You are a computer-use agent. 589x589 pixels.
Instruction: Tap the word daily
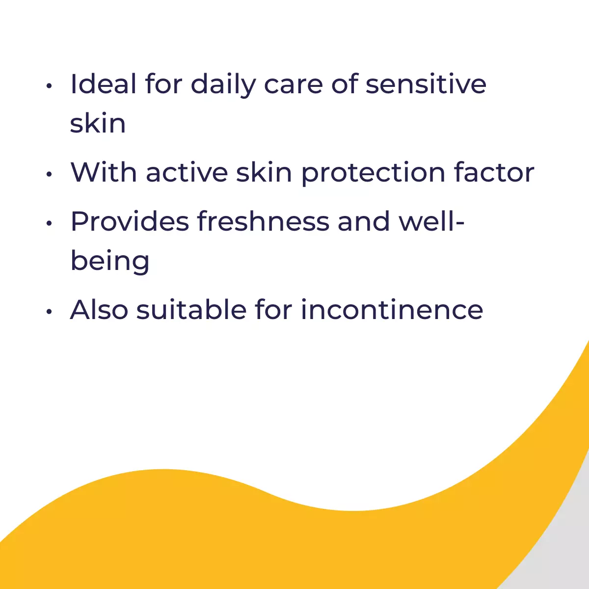point(223,85)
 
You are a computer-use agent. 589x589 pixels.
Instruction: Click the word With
point(104,172)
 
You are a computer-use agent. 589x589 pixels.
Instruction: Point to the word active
point(187,173)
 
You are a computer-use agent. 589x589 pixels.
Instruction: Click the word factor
point(494,172)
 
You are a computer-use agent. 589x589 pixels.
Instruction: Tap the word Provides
point(130,221)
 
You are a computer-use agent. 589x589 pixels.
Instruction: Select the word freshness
point(264,221)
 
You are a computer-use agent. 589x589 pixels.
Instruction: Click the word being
point(110,262)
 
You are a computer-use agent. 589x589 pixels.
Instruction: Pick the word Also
point(99,309)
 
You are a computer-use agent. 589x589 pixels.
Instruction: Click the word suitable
point(191,309)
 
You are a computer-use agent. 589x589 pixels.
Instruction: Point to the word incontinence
point(392,309)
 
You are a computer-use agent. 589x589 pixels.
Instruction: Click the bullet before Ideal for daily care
point(49,86)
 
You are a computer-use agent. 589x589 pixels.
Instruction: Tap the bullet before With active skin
point(49,174)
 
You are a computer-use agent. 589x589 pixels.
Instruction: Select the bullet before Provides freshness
point(49,223)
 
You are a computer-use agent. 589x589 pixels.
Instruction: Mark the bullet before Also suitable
point(49,312)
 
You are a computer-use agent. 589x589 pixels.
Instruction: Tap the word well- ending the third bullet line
point(431,221)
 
